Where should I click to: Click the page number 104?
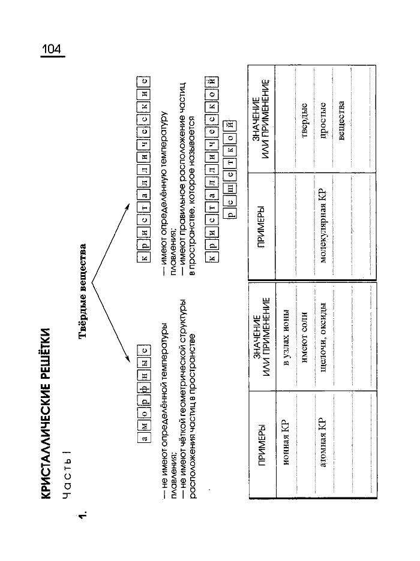coord(52,49)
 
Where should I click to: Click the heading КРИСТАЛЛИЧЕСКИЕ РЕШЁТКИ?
coord(45,413)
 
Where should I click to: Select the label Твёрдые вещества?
coord(83,291)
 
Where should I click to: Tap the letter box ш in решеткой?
coord(230,188)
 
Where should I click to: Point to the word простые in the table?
coord(323,120)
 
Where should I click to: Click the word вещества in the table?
coord(341,120)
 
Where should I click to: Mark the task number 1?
coord(83,515)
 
